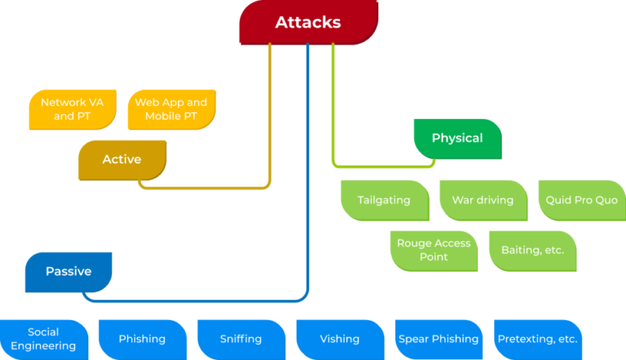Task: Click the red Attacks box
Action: (x=308, y=23)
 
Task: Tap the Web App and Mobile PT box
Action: (x=171, y=109)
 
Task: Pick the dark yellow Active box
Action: (x=122, y=160)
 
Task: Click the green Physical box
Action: (x=457, y=138)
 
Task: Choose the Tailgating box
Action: (x=384, y=200)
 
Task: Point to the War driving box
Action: (x=483, y=200)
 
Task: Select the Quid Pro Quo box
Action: (x=582, y=200)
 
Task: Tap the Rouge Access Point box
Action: (x=434, y=250)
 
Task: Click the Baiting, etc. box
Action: (x=532, y=250)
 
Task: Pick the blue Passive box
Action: (x=68, y=271)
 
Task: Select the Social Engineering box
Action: (x=44, y=339)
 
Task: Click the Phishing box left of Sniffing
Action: (x=143, y=339)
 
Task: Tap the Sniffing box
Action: (x=241, y=339)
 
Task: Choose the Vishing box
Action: (x=340, y=339)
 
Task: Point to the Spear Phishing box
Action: (x=439, y=339)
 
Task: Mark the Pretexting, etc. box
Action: (x=537, y=339)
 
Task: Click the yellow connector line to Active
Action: (x=270, y=122)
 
